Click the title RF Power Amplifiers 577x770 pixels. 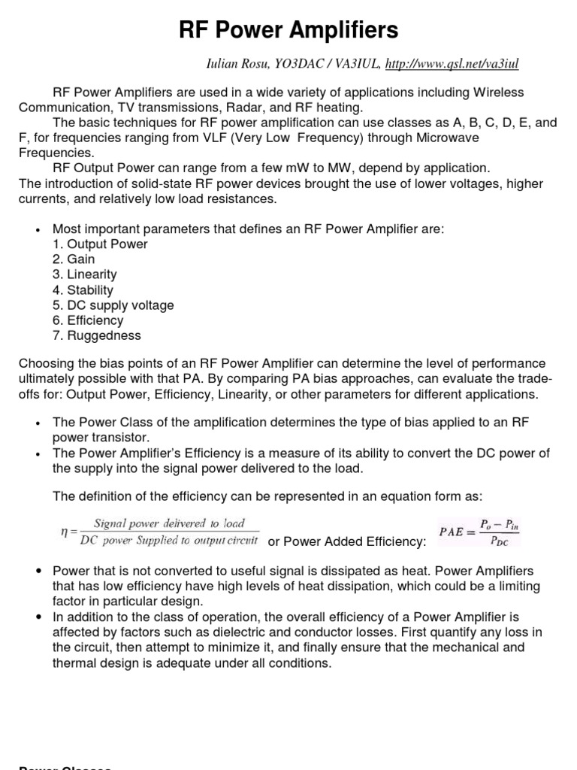(x=288, y=30)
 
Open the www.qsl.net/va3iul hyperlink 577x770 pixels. (x=452, y=65)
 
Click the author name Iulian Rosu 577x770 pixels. (x=239, y=65)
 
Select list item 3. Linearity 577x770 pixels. (x=84, y=274)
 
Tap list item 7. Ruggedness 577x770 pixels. (x=96, y=335)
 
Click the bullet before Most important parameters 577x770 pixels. (x=37, y=229)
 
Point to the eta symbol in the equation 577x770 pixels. (x=64, y=531)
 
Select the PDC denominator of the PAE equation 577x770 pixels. (x=497, y=540)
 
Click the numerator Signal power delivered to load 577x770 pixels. (x=169, y=523)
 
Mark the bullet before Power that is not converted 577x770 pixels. (x=37, y=571)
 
